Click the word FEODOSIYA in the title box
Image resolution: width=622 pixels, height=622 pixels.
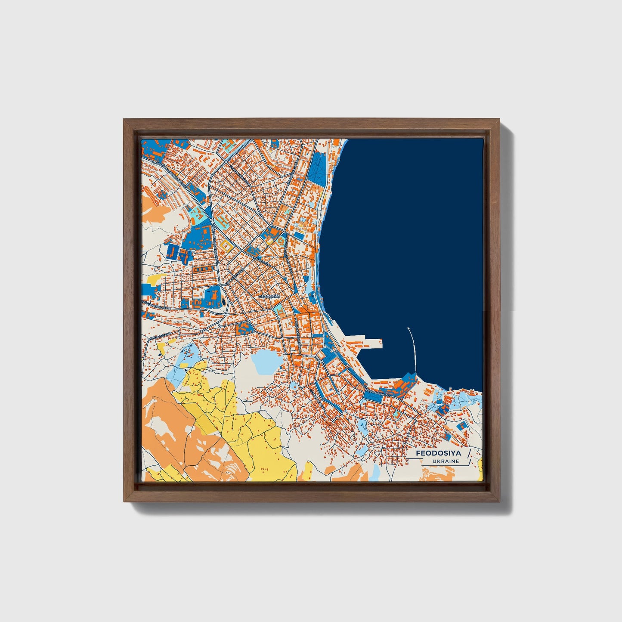[438, 453]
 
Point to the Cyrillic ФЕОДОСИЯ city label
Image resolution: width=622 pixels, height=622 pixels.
[269, 297]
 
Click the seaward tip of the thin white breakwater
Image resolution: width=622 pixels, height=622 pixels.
[408, 328]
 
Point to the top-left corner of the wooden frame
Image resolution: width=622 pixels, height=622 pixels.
[124, 119]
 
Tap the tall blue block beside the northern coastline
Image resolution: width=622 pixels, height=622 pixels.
[318, 168]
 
